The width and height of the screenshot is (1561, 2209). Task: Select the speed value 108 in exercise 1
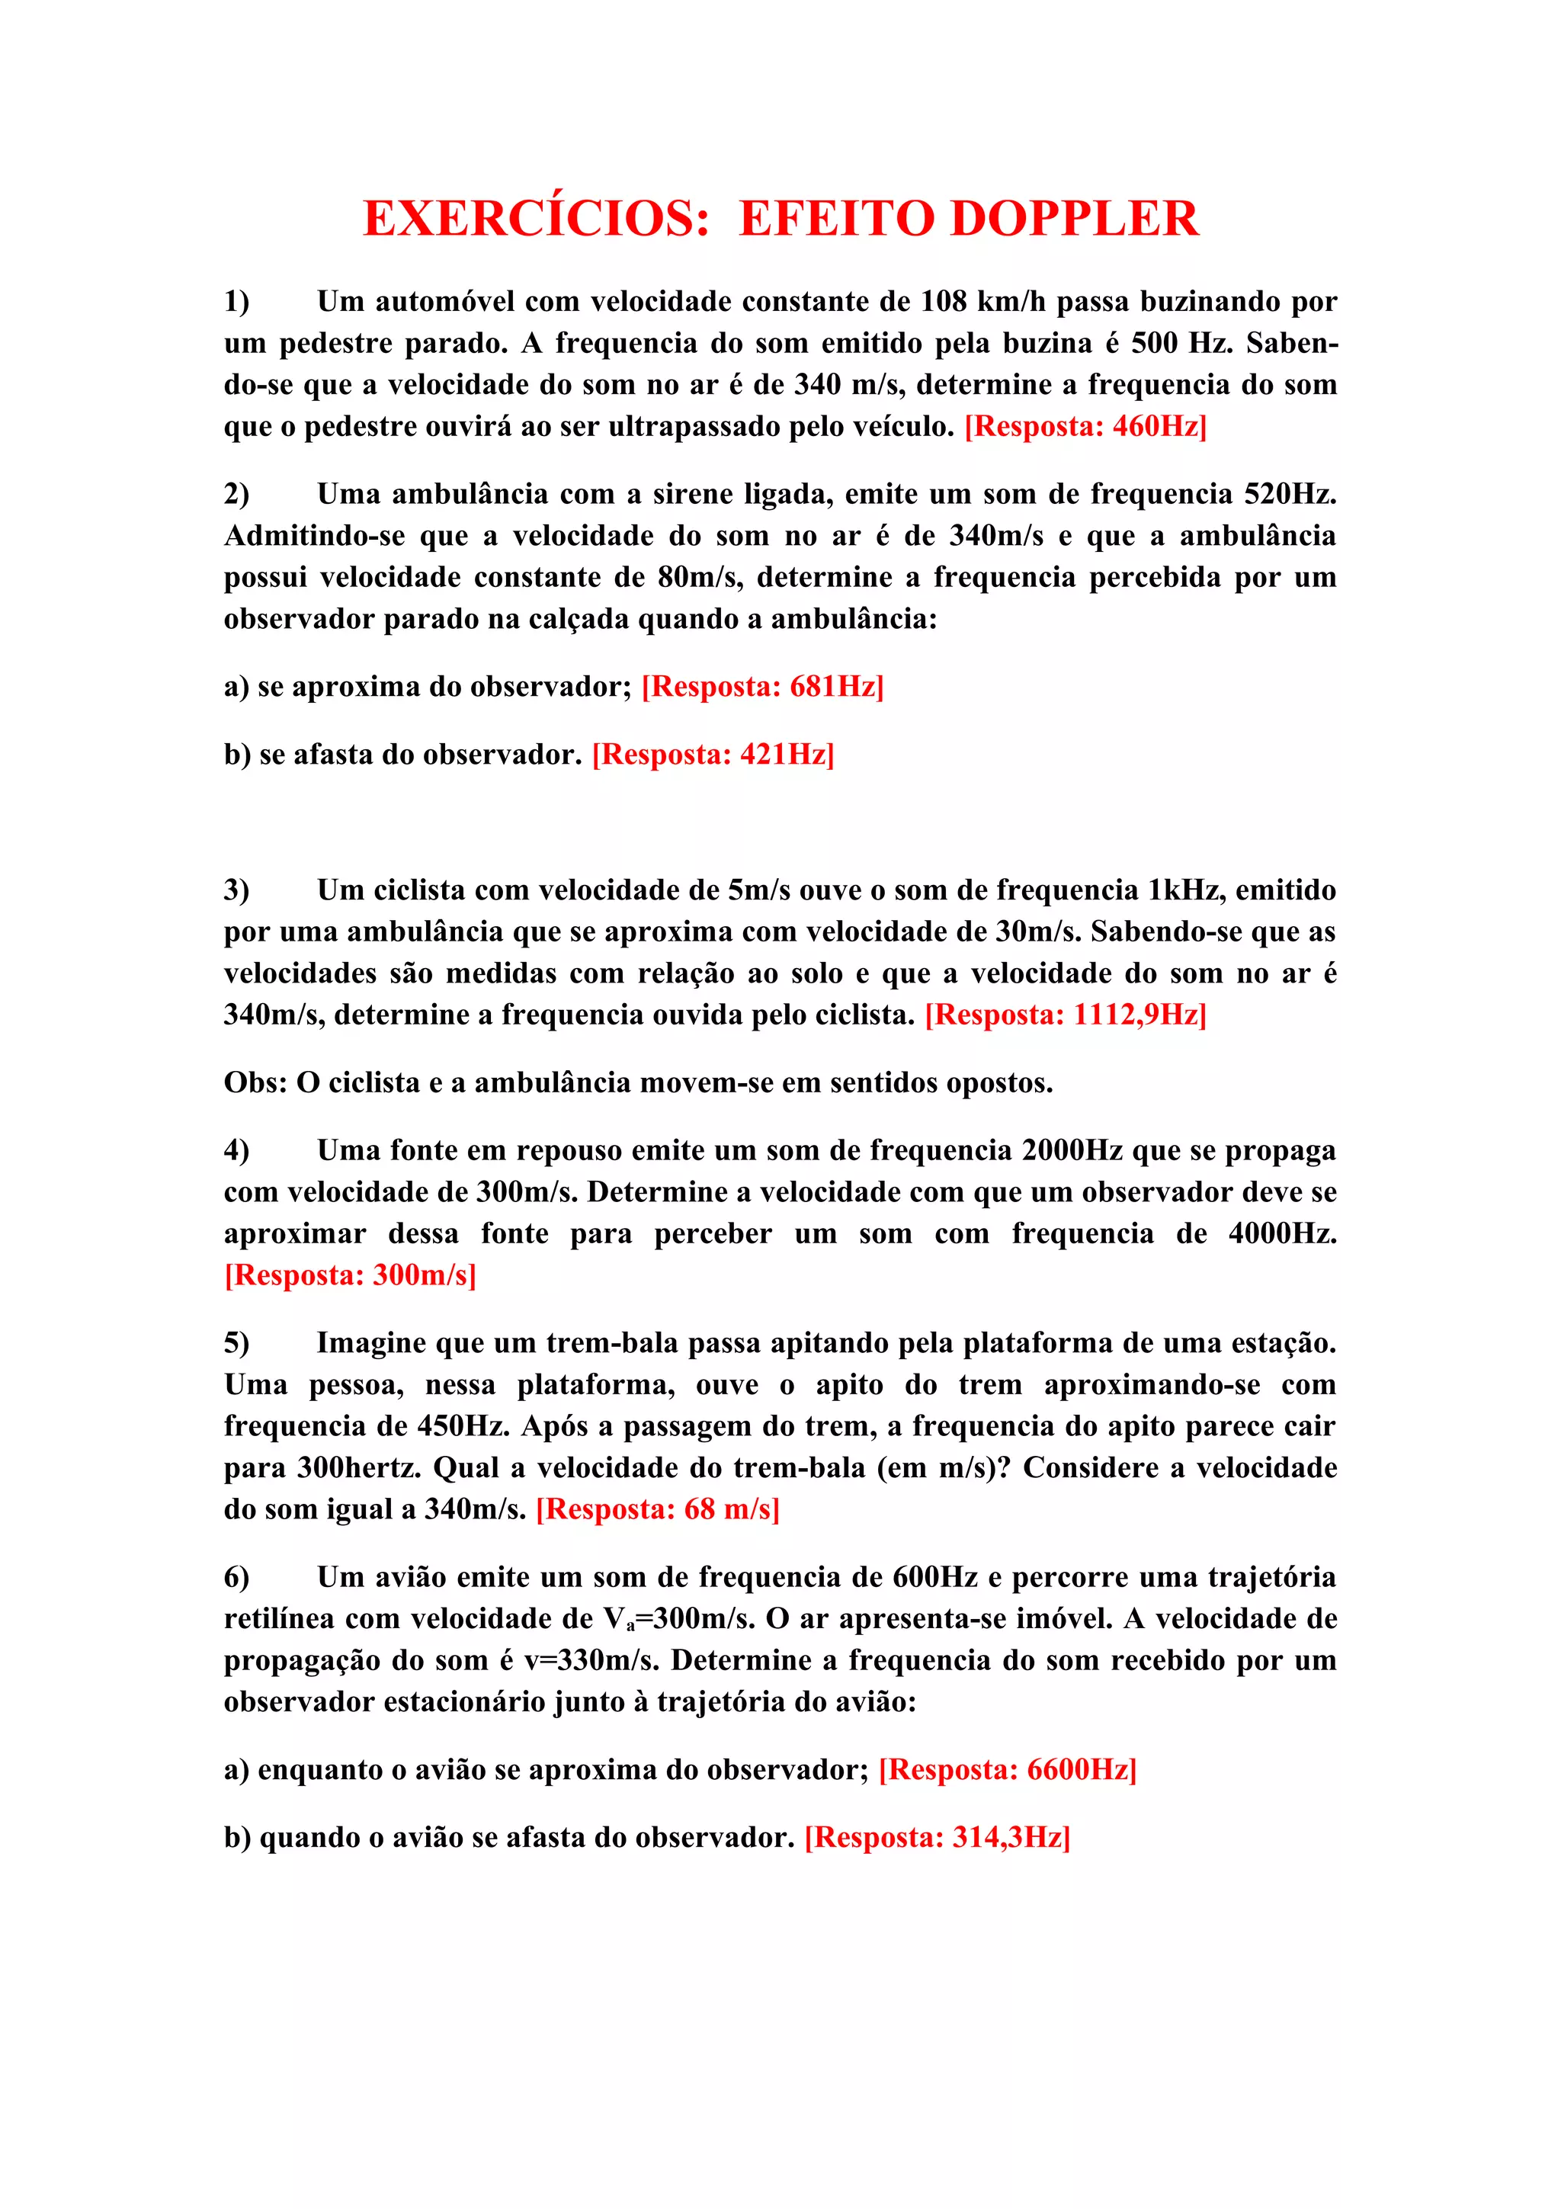(943, 301)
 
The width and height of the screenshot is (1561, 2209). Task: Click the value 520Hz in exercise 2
(1290, 494)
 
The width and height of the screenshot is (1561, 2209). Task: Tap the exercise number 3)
(236, 890)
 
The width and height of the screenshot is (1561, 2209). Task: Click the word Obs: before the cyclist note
(256, 1082)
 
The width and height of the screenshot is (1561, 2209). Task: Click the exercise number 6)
(236, 1577)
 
